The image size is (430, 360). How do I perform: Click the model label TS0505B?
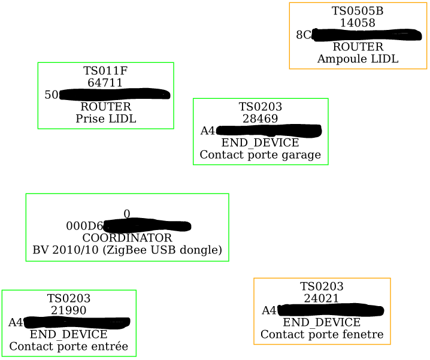[x=358, y=11]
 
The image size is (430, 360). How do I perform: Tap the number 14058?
[x=358, y=23]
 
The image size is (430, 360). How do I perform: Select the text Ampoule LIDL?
[x=358, y=59]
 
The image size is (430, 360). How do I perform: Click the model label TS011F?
[x=105, y=71]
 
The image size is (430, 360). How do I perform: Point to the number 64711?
[x=105, y=83]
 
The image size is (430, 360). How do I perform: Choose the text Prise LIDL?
[x=105, y=119]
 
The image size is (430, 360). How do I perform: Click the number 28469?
[x=260, y=119]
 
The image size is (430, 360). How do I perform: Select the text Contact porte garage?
[x=260, y=155]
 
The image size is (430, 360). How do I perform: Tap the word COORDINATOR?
[x=127, y=238]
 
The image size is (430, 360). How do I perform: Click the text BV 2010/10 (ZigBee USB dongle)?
[x=127, y=250]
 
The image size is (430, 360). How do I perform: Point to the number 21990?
[x=68, y=310]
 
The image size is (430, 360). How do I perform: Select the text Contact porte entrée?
[x=68, y=346]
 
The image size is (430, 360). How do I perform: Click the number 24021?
[x=322, y=298]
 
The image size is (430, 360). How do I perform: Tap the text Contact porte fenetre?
[x=322, y=334]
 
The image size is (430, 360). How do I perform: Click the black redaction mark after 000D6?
[x=147, y=226]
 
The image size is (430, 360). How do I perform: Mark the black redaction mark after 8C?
[x=367, y=35]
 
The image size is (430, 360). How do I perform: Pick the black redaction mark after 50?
[x=114, y=94]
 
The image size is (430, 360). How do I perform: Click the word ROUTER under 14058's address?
[x=358, y=47]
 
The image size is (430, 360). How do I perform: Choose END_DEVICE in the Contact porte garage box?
[x=260, y=143]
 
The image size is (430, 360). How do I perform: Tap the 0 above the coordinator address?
[x=127, y=214]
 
